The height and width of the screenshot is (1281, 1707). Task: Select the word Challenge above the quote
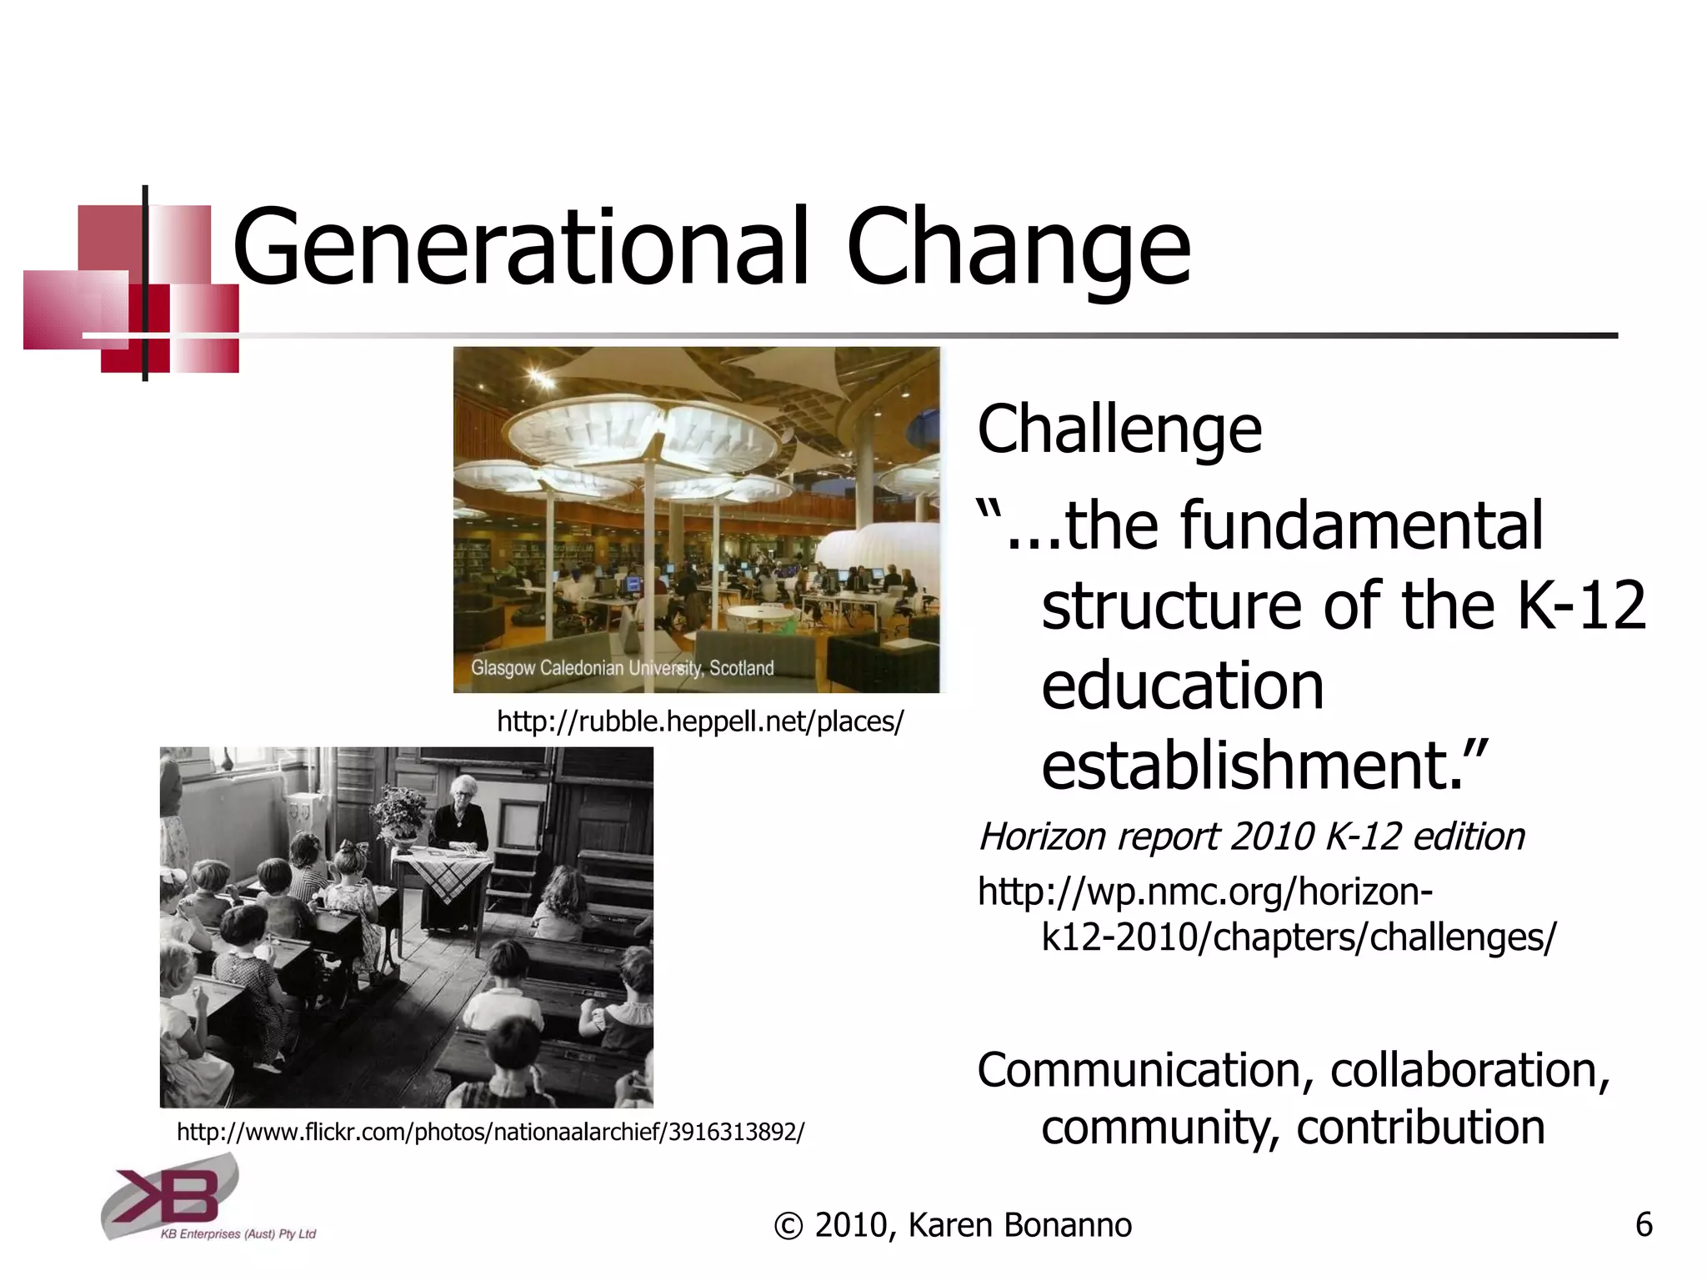point(1119,429)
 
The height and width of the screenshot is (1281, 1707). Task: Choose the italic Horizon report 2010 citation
point(1251,836)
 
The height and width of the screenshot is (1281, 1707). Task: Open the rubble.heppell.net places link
point(699,721)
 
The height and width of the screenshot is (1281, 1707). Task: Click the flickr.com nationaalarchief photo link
point(490,1132)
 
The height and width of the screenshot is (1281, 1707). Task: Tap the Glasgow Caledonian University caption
point(622,668)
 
